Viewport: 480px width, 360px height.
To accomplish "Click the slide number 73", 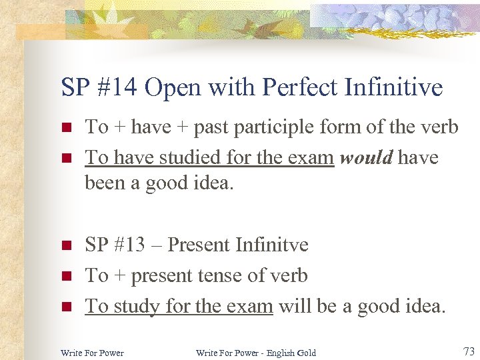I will (x=469, y=351).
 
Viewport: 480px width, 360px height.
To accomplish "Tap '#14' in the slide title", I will (x=117, y=87).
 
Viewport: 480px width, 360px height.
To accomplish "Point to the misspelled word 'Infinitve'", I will (x=271, y=245).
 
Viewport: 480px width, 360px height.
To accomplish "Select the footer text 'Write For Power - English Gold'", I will (x=256, y=353).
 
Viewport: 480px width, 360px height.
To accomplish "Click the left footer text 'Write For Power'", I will (x=92, y=353).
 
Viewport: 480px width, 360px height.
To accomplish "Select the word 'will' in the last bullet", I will (x=291, y=306).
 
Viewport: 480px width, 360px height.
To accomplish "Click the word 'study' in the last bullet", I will (x=137, y=307).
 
